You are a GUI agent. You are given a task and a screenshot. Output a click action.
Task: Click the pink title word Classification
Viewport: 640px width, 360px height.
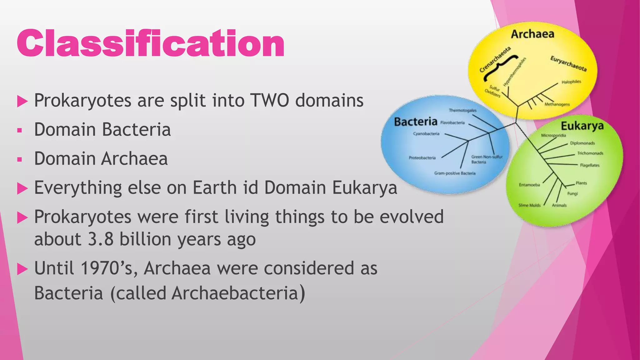150,43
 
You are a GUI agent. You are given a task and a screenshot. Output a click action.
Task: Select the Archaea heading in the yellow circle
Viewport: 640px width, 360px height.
532,34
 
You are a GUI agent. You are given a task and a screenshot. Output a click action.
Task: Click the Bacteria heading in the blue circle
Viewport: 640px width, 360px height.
415,122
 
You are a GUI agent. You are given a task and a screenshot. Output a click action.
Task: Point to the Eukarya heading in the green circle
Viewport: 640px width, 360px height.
582,126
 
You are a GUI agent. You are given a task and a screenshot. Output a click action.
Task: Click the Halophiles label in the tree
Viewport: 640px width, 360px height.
571,82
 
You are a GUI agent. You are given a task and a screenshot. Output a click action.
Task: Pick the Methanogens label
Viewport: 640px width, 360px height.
557,104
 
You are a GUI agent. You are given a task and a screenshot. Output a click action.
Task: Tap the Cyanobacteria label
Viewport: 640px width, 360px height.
426,134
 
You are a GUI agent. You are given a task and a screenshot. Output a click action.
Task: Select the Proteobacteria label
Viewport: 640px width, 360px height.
422,158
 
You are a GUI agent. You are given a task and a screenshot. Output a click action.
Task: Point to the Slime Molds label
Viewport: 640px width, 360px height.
529,205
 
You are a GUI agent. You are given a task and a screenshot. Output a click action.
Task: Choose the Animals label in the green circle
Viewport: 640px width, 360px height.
559,205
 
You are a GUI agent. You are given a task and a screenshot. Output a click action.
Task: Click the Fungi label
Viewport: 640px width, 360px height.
572,194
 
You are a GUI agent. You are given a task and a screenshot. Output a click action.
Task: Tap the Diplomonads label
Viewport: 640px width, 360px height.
582,143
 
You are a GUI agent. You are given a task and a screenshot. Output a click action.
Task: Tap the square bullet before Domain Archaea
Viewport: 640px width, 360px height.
20,159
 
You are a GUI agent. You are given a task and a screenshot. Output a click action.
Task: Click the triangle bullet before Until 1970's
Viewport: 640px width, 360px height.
22,269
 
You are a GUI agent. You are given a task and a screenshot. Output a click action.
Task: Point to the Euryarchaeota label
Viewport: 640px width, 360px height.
568,63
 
